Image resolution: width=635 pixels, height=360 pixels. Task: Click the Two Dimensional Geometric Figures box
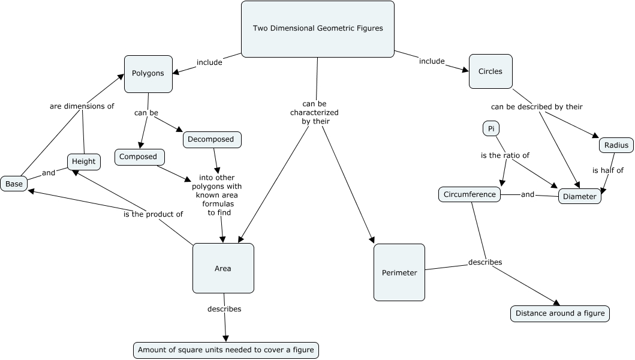pyautogui.click(x=317, y=28)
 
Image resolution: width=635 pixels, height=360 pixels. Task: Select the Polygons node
pyautogui.click(x=148, y=74)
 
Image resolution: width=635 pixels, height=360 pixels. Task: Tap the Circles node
pyautogui.click(x=490, y=71)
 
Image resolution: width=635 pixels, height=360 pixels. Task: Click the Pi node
pyautogui.click(x=490, y=128)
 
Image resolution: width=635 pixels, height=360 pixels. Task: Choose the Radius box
pyautogui.click(x=616, y=145)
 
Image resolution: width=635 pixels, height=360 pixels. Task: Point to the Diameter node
pyautogui.click(x=580, y=196)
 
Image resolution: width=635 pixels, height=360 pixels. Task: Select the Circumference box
pyautogui.click(x=470, y=194)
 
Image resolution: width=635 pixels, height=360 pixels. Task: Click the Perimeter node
pyautogui.click(x=399, y=272)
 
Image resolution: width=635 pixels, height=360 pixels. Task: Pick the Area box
pyautogui.click(x=223, y=268)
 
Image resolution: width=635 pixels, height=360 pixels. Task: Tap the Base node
pyautogui.click(x=14, y=184)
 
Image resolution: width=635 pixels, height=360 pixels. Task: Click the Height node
pyautogui.click(x=83, y=161)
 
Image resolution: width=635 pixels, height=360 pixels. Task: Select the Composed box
pyautogui.click(x=139, y=157)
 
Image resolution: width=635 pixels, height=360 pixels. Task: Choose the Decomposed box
pyautogui.click(x=212, y=139)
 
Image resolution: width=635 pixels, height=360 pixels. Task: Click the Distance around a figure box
pyautogui.click(x=559, y=313)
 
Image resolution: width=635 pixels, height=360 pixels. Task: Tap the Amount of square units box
pyautogui.click(x=225, y=350)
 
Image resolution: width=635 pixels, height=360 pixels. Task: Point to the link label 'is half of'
pyautogui.click(x=608, y=170)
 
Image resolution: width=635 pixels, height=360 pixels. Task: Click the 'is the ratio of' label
pyautogui.click(x=505, y=155)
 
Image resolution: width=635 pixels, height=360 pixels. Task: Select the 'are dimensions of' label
pyautogui.click(x=82, y=106)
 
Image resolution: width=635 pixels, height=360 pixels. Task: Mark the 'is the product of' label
pyautogui.click(x=153, y=214)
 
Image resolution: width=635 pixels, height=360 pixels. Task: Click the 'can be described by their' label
pyautogui.click(x=537, y=107)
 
